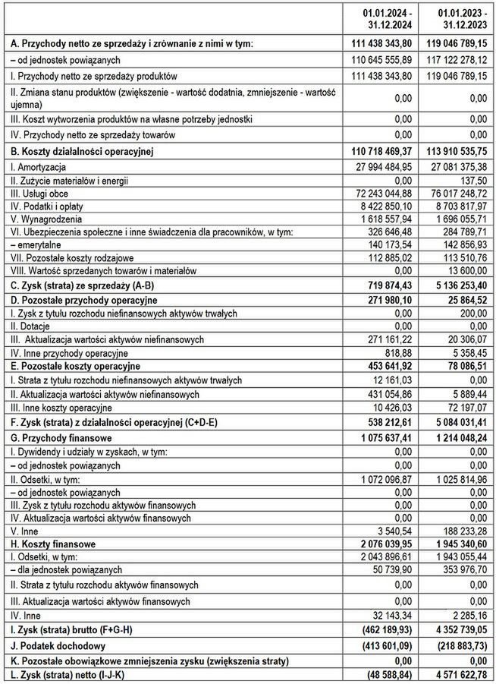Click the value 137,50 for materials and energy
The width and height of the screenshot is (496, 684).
[x=470, y=180]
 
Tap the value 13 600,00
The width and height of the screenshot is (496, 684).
[x=466, y=271]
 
